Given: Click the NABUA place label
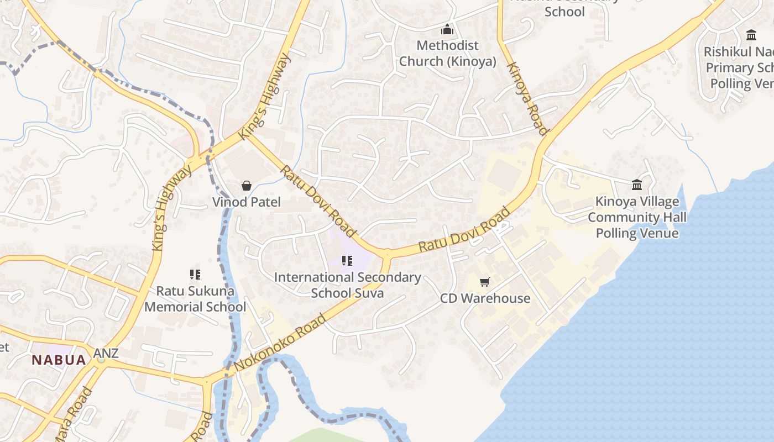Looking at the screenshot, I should pos(59,360).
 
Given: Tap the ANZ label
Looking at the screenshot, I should pos(106,353).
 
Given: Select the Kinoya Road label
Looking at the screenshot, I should pos(527,98).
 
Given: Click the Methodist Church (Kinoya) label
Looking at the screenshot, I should pos(447,53).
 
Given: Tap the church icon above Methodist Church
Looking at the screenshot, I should pos(447,29).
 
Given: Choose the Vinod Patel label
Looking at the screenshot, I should pos(247,202).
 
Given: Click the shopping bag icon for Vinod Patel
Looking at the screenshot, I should pos(247,186).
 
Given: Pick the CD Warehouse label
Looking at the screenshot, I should pos(485,298).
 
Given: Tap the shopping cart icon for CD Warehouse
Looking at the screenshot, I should pos(485,282).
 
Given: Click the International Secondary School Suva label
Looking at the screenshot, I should pos(347,285).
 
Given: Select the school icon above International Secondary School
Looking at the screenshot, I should pos(347,261).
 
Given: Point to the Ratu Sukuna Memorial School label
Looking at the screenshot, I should pos(195,298).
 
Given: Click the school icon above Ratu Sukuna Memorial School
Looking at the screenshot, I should pos(195,274).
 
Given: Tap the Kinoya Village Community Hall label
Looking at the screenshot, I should pos(637,217).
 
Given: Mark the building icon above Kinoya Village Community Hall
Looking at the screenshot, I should pos(637,185).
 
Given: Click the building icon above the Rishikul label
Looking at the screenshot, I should pos(751,35).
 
